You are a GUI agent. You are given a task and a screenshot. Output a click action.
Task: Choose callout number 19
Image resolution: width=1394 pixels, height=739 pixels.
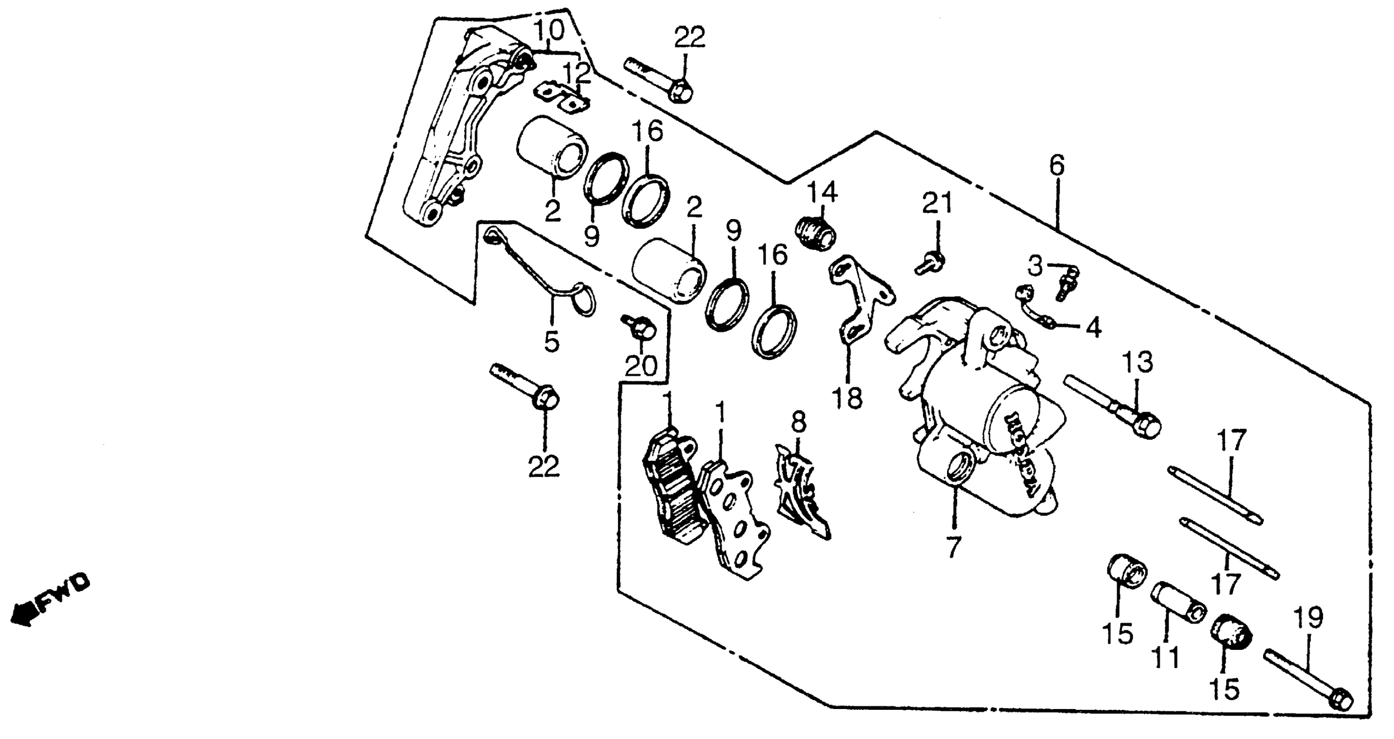[1308, 617]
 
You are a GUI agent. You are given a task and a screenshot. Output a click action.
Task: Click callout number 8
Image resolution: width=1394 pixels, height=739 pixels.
[799, 422]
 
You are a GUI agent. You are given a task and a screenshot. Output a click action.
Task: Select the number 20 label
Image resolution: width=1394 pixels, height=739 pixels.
[641, 366]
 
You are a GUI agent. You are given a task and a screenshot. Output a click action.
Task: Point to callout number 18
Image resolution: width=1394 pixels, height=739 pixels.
[847, 399]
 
